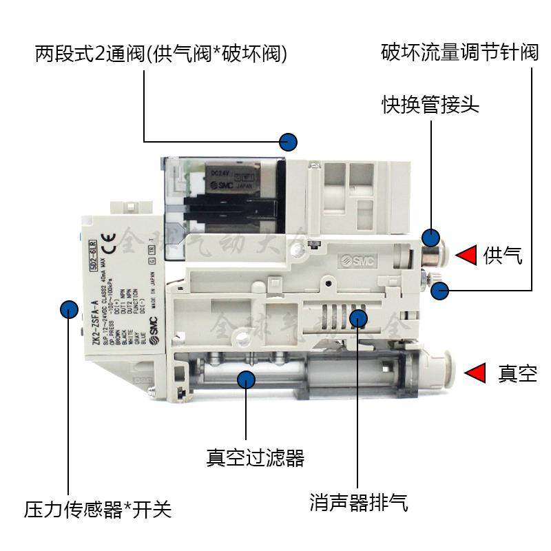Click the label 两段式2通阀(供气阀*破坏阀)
[161, 54]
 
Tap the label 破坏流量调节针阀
[460, 54]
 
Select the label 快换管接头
[430, 105]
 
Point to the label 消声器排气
[359, 503]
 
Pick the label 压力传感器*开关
[98, 510]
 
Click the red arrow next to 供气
[468, 256]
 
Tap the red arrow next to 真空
[475, 373]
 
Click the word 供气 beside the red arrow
[503, 256]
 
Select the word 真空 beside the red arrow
[517, 374]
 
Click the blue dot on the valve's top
[289, 142]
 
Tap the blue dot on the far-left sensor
[68, 308]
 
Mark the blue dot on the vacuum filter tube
[247, 377]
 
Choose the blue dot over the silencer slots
[357, 318]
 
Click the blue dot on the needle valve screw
[440, 291]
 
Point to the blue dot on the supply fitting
[431, 238]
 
